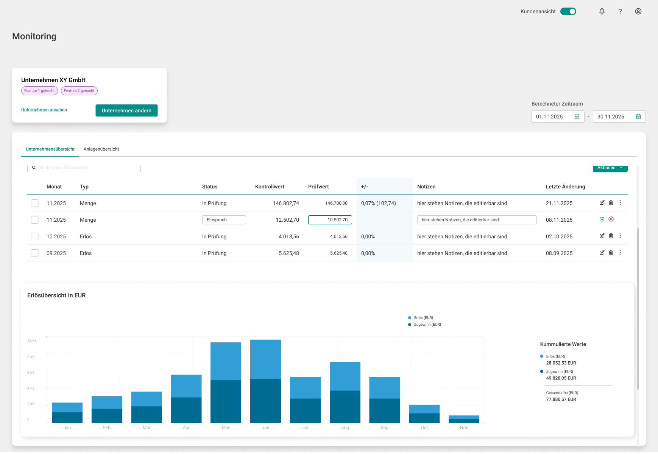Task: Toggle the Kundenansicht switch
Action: tap(568, 11)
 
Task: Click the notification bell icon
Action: tap(602, 11)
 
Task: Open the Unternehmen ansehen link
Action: tap(44, 110)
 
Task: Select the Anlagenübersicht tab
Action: tap(101, 149)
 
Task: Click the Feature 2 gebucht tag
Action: tap(79, 91)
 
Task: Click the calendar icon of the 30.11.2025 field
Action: tap(638, 117)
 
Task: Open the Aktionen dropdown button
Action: tap(610, 168)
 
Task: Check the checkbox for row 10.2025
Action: tap(35, 236)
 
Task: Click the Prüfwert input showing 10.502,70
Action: tap(330, 220)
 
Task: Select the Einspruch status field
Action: tap(224, 220)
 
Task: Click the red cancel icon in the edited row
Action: tap(611, 219)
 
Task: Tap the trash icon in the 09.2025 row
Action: tap(611, 252)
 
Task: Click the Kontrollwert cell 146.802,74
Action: tap(286, 203)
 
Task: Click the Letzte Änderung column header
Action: tap(565, 187)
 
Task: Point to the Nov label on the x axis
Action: tap(464, 428)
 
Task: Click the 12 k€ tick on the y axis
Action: tap(32, 340)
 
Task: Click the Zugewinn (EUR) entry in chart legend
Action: tap(427, 325)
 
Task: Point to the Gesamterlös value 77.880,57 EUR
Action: tap(561, 400)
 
